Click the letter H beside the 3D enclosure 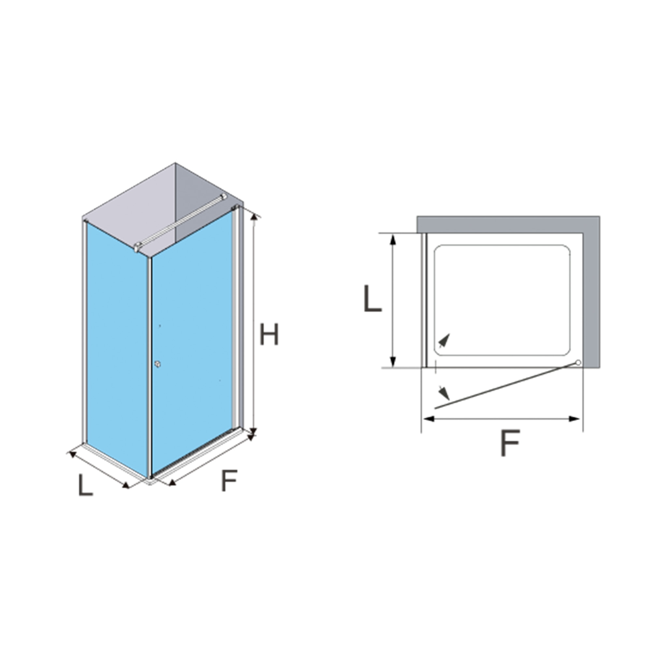(269, 334)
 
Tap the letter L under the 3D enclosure (85, 485)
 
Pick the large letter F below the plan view (510, 442)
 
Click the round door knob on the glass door (157, 364)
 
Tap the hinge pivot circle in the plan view (578, 363)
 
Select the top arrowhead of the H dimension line (255, 217)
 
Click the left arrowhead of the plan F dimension (429, 419)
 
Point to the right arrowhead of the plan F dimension (574, 419)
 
